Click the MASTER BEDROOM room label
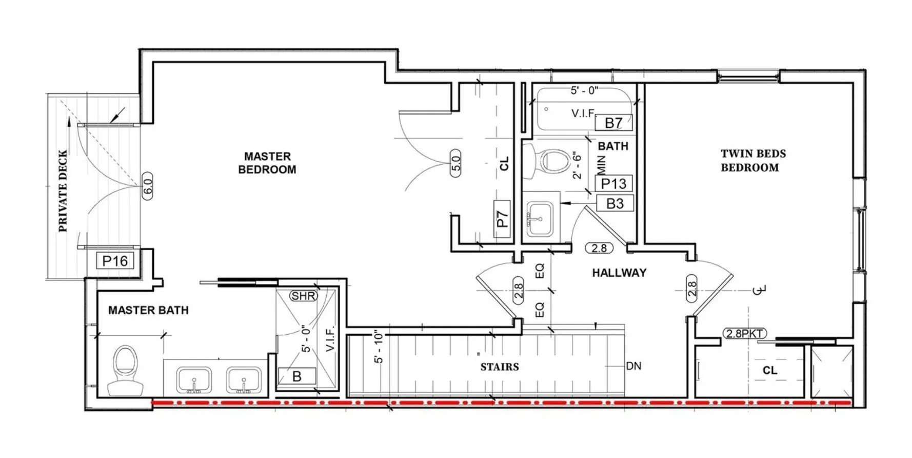(x=267, y=163)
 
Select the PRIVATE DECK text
(x=63, y=191)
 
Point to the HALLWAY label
(x=619, y=273)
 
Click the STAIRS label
(x=500, y=367)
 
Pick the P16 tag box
(x=115, y=261)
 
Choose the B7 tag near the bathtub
(x=613, y=123)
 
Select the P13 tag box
(x=613, y=183)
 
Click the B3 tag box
(x=614, y=203)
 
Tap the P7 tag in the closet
(x=502, y=219)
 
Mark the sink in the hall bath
(x=540, y=218)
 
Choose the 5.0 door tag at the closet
(x=455, y=163)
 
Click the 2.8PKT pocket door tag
(x=744, y=333)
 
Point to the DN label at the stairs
(x=633, y=366)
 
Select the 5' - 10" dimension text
(x=379, y=348)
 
